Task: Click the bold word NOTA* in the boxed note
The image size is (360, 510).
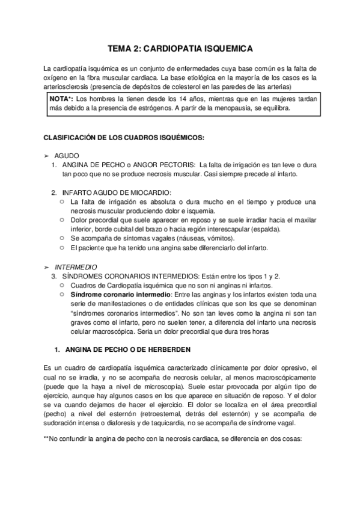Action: pos(62,98)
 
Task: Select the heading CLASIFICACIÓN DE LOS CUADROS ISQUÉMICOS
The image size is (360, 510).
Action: pos(124,137)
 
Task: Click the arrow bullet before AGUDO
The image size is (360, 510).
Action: pos(47,155)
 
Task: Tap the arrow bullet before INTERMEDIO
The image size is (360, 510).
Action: pos(47,265)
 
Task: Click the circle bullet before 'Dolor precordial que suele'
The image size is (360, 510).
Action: pos(63,220)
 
